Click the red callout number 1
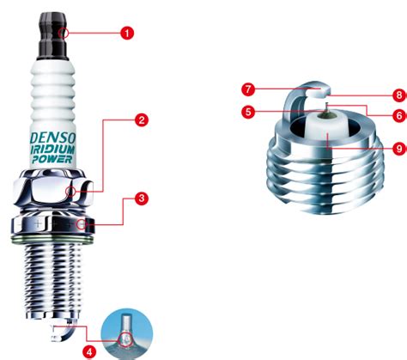coord(127,34)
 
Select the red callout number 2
coord(141,120)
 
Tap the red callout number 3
coord(141,198)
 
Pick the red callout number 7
coord(247,88)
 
